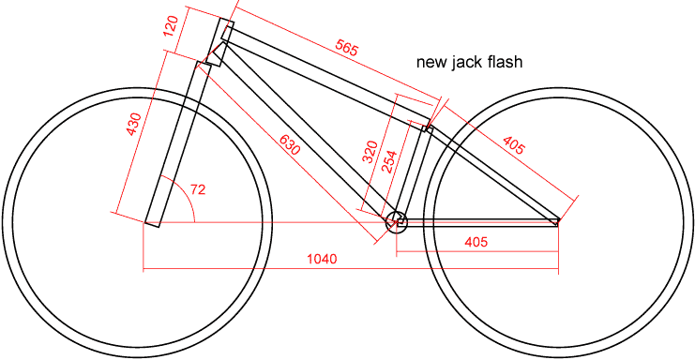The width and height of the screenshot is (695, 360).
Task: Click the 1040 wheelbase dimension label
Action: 322,259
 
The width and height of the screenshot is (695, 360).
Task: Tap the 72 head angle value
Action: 198,189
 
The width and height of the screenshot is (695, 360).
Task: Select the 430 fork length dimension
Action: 134,125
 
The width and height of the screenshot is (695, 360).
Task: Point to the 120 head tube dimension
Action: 171,26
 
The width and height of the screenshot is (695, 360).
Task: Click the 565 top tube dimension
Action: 346,48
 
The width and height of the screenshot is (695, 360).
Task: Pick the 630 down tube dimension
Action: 290,144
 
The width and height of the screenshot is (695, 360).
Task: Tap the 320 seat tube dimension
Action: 370,152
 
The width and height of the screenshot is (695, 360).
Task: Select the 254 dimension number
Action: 388,162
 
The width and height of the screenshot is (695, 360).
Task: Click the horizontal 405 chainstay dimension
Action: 476,242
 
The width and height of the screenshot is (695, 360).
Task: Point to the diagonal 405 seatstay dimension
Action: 514,145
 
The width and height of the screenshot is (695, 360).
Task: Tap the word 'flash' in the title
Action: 505,61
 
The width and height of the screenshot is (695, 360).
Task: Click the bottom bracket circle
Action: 396,221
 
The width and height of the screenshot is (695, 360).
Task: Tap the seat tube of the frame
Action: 413,172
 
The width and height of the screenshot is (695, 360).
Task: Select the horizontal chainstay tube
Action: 477,222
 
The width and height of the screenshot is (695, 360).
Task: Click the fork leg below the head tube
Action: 174,144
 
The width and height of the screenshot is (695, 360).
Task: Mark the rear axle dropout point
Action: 558,222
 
